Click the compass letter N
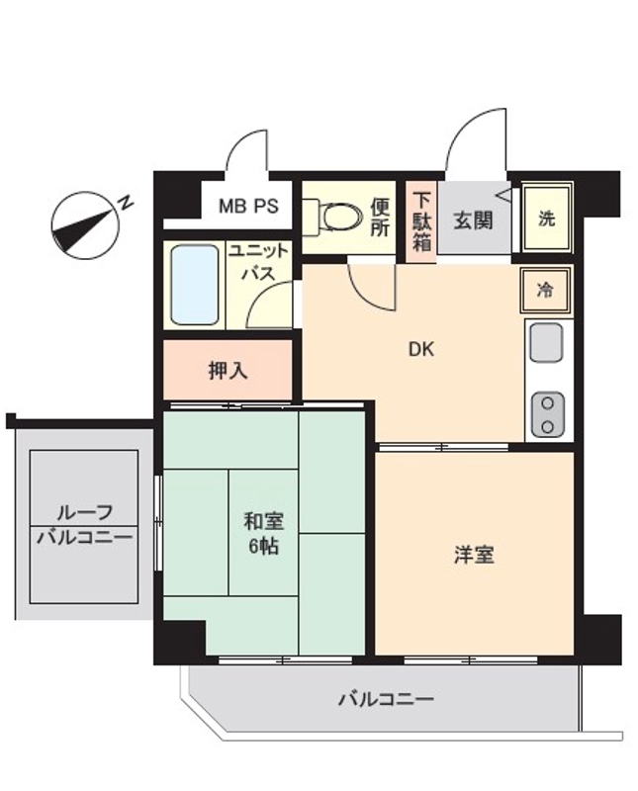pos(126,202)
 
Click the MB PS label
pos(248,208)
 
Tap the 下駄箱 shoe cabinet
pos(422,220)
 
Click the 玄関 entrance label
pos(473,220)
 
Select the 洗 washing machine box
pos(546,219)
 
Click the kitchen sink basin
pos(546,343)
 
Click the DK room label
pos(421,349)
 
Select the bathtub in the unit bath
pos(194,284)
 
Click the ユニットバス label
pos(259,262)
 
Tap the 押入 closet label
pos(228,372)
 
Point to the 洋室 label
pos(474,555)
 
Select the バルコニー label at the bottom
pos(386,700)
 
